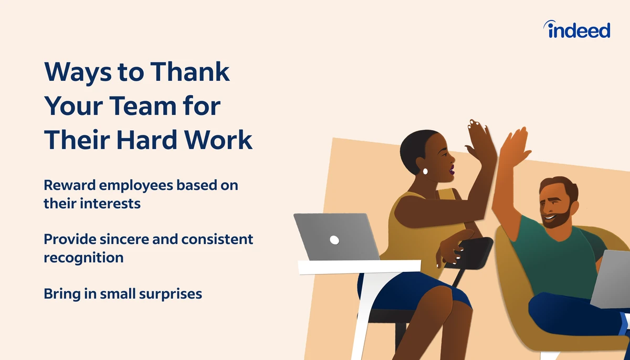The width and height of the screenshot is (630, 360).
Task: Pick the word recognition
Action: click(83, 258)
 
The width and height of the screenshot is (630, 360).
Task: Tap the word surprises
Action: click(171, 294)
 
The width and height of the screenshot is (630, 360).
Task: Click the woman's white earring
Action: click(425, 171)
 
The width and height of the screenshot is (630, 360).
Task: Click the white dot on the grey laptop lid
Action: click(334, 240)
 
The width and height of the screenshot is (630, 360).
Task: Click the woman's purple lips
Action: click(451, 170)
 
